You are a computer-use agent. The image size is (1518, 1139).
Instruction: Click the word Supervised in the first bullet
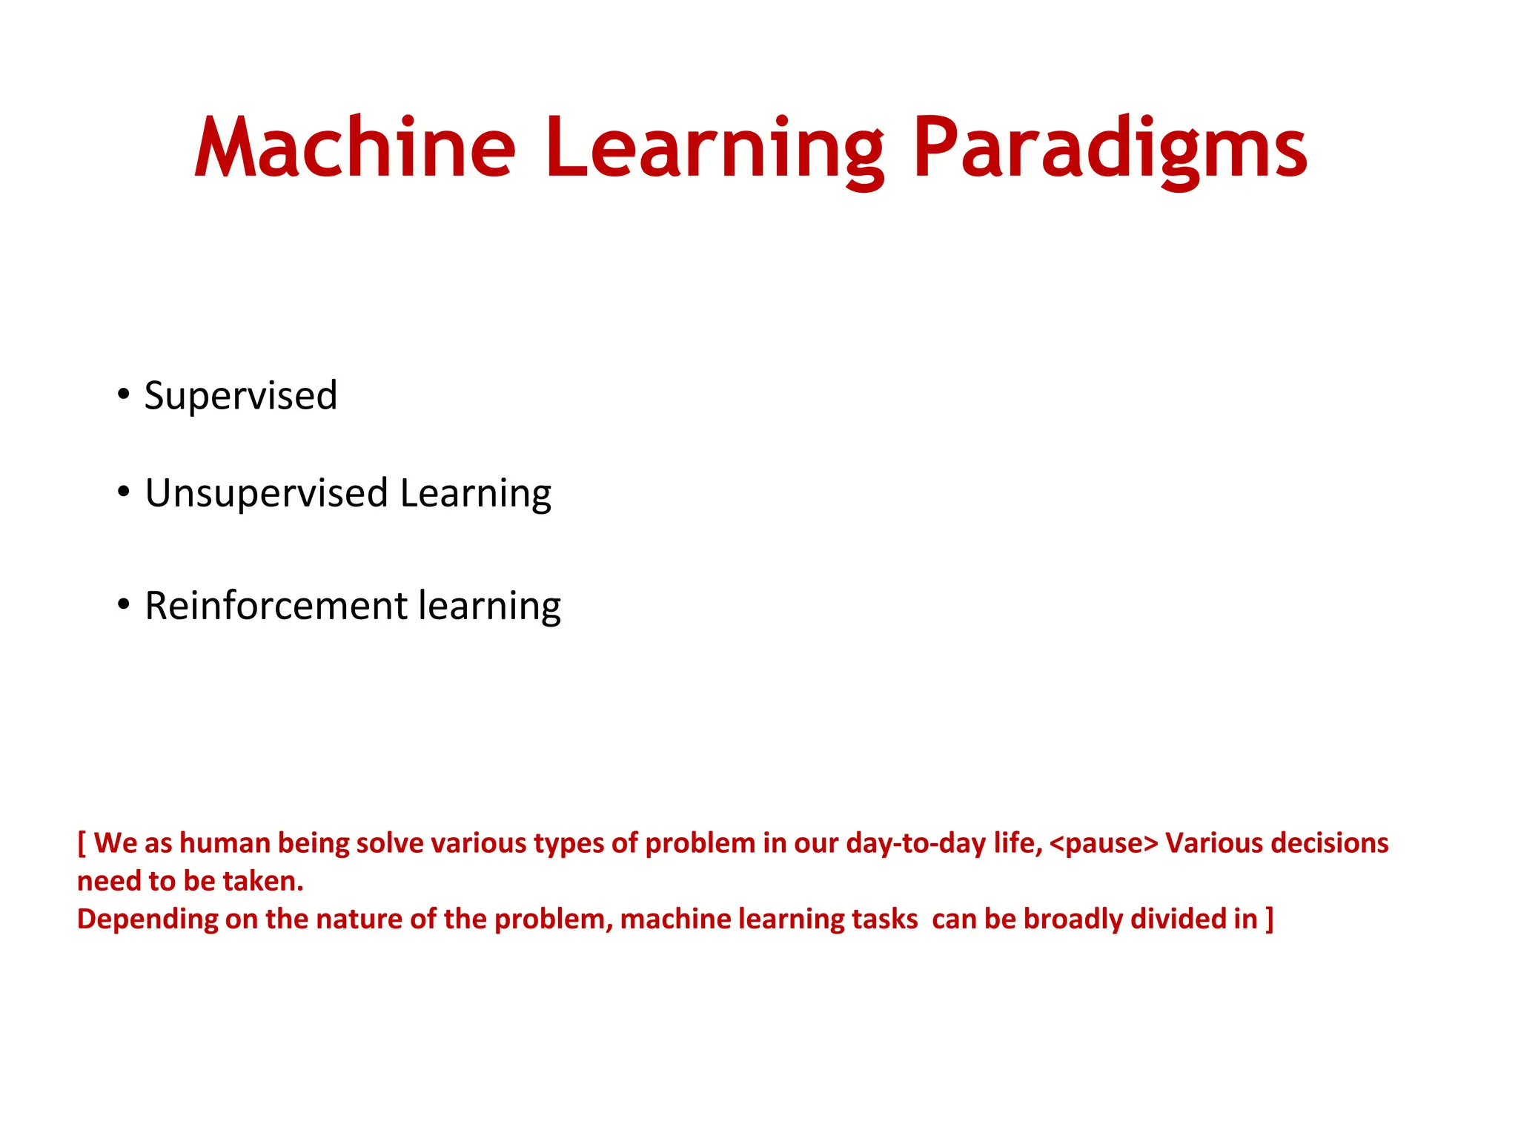point(241,395)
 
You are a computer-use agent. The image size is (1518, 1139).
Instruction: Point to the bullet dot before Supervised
point(124,393)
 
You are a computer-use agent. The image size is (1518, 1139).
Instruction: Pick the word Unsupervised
point(266,494)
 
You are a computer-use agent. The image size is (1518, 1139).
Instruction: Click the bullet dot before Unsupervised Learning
point(124,491)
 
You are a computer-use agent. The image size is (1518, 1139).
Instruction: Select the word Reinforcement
point(276,606)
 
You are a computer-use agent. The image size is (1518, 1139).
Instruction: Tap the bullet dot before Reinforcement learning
point(124,604)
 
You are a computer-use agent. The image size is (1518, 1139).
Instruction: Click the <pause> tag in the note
point(1104,844)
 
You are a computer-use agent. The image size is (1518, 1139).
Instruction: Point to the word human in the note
point(225,844)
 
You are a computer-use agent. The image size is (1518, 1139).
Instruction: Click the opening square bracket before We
point(82,844)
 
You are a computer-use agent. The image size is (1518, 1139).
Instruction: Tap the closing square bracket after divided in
point(1270,920)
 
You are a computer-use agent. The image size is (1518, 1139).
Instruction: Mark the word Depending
point(148,920)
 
